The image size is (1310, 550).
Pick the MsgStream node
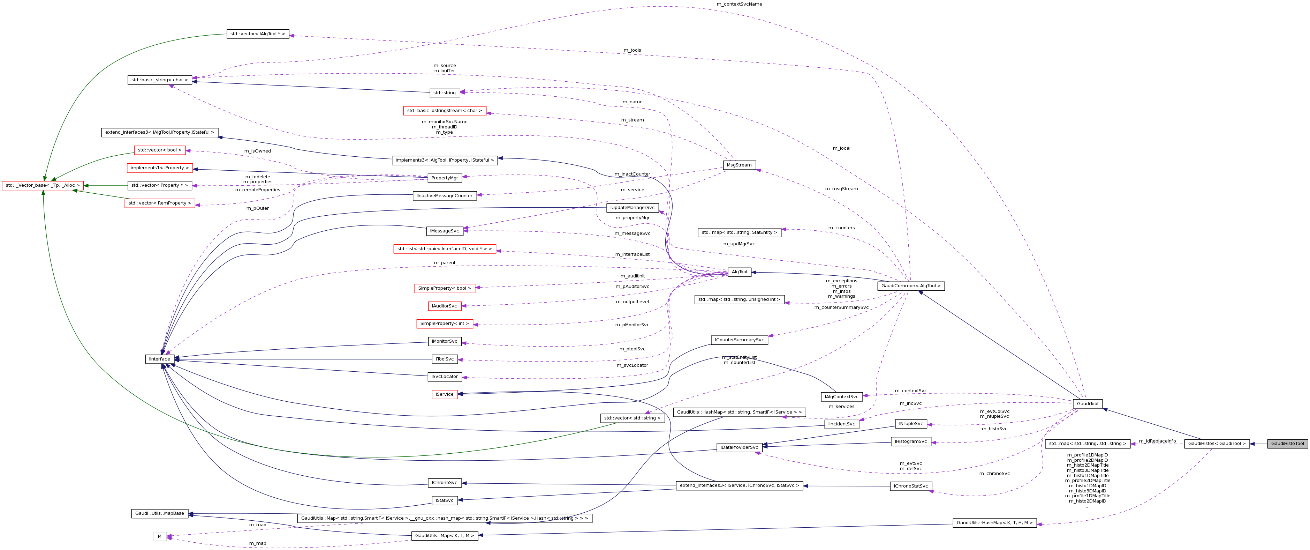[739, 165]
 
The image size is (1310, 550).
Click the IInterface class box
[159, 359]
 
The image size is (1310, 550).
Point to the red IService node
[445, 394]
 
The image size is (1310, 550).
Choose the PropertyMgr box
[445, 178]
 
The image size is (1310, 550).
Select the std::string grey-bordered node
[445, 92]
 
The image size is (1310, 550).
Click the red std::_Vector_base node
[43, 186]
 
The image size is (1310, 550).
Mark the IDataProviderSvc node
[739, 448]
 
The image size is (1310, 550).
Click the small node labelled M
[159, 536]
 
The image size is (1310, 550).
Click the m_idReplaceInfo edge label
[1157, 441]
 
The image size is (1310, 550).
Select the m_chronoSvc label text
[994, 474]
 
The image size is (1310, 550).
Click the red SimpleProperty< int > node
[445, 324]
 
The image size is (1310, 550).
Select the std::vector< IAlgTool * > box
[257, 34]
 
